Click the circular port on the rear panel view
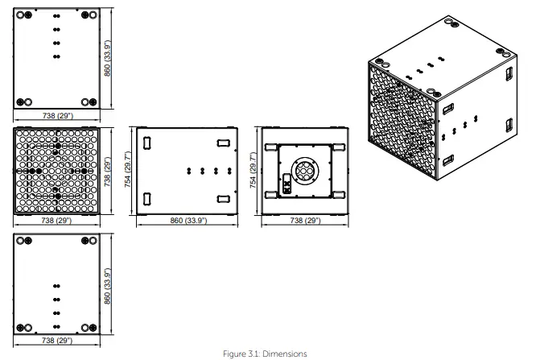click(305, 171)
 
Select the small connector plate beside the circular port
click(286, 184)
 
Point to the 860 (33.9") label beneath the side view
click(188, 220)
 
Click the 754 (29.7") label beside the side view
click(127, 169)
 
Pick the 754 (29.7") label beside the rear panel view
click(253, 170)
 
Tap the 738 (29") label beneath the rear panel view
click(305, 220)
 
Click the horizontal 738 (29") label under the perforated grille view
click(56, 220)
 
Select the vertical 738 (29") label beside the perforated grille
click(108, 172)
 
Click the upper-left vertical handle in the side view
click(147, 143)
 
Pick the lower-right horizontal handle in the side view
click(224, 199)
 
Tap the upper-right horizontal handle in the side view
click(224, 143)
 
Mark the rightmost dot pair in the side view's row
click(229, 171)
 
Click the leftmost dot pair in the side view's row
click(189, 171)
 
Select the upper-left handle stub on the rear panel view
click(271, 147)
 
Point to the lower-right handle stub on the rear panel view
click(339, 195)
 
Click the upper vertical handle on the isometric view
click(509, 73)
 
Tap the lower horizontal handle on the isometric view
click(448, 160)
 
